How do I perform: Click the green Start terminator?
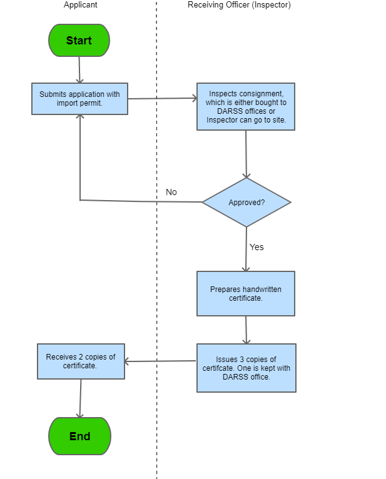(x=79, y=41)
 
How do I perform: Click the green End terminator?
(x=79, y=436)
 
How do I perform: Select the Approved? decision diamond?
(x=246, y=203)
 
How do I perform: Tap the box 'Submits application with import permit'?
(x=79, y=99)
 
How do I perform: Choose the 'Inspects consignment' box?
(x=245, y=107)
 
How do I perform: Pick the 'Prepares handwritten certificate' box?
(x=245, y=293)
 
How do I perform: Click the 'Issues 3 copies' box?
(x=246, y=368)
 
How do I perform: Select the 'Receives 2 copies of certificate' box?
(x=81, y=361)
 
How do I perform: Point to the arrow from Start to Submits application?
(x=79, y=69)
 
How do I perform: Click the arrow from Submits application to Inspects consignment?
(x=162, y=98)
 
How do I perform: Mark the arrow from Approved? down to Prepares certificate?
(x=246, y=249)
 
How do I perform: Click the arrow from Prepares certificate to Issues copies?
(x=246, y=330)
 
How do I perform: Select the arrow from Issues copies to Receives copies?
(x=161, y=361)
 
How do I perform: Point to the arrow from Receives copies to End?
(x=80, y=398)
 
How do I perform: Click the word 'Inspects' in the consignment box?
(x=223, y=94)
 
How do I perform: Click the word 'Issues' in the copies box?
(x=226, y=360)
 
